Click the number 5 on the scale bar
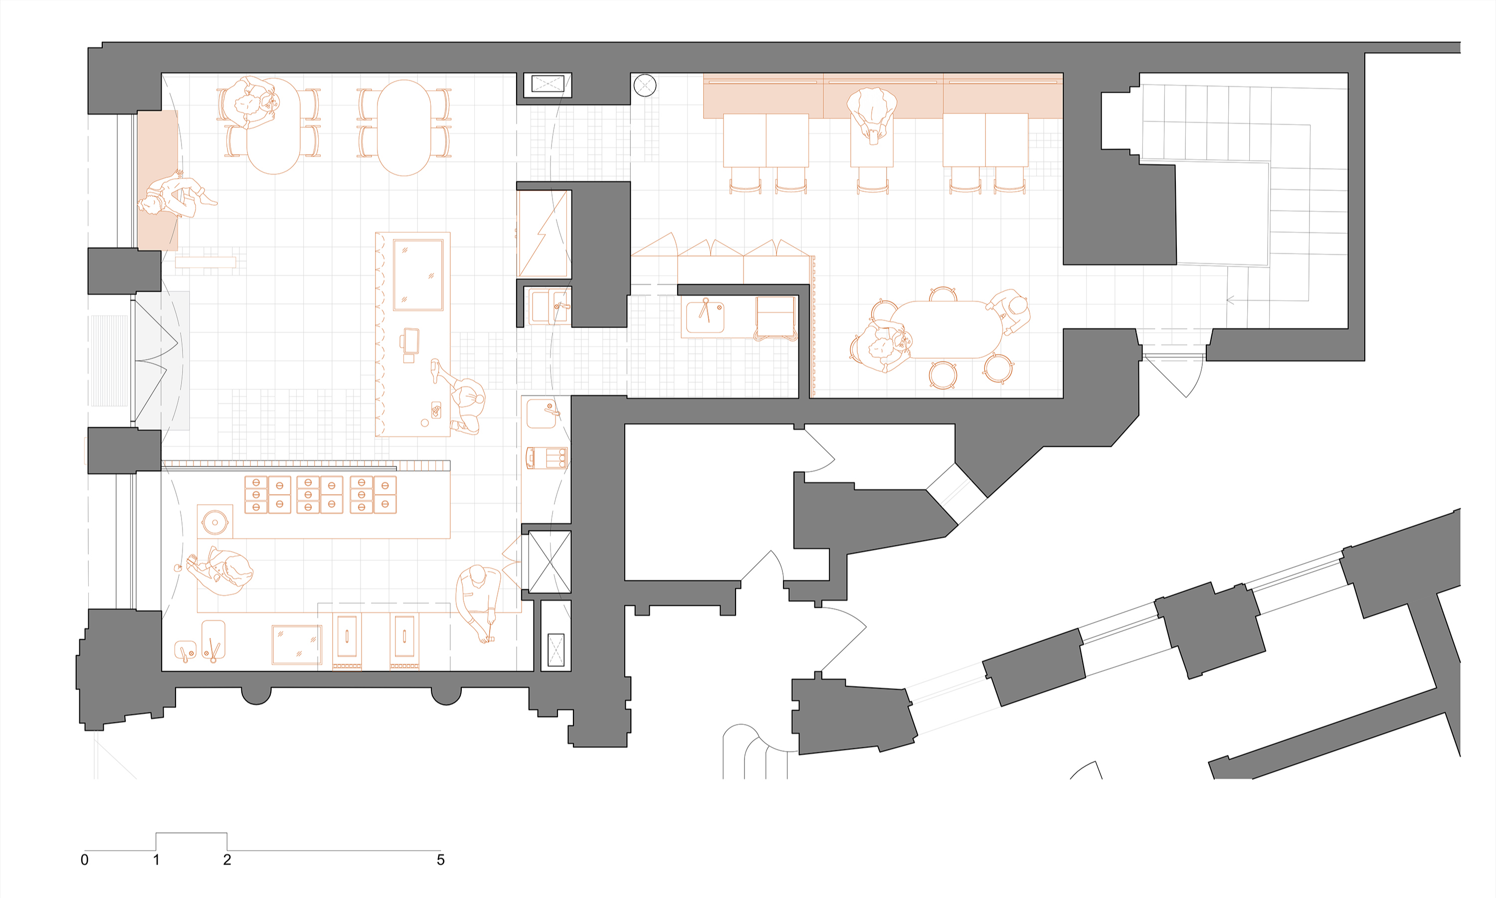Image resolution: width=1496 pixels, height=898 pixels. pos(440,860)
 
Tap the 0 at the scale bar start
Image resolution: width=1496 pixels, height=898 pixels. pos(85,860)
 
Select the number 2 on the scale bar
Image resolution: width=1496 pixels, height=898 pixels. pos(227,860)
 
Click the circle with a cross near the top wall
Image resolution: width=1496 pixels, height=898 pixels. pos(644,85)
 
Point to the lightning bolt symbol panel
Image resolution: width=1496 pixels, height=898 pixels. pos(544,234)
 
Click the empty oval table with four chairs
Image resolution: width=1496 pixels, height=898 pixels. pos(403,127)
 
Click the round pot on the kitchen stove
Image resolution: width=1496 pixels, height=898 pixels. pos(214,522)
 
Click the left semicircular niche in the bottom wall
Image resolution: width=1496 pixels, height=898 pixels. pos(256,696)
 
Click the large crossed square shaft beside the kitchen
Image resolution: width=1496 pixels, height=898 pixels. pos(550,561)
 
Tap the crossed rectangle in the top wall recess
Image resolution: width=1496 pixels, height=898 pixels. pos(548,83)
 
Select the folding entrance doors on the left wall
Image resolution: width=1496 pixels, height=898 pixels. pos(156,360)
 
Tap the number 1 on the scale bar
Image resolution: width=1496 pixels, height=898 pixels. pos(156,860)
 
